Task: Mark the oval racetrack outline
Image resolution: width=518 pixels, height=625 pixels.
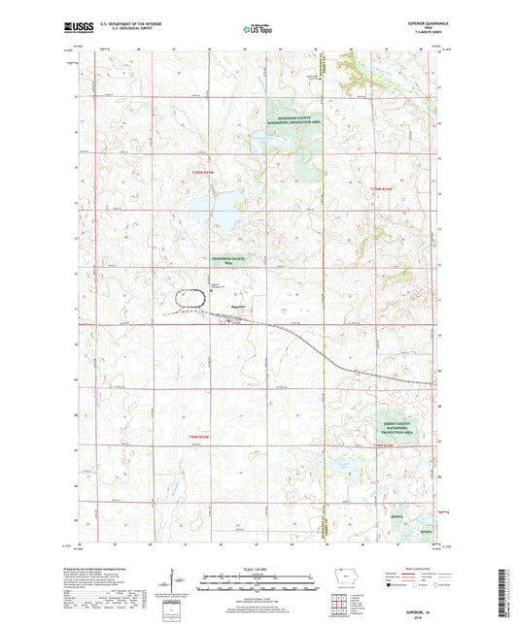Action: pyautogui.click(x=190, y=302)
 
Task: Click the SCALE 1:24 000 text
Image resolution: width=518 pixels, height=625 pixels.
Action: pyautogui.click(x=258, y=568)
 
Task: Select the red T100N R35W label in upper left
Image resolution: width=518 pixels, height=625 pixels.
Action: pyautogui.click(x=198, y=173)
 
